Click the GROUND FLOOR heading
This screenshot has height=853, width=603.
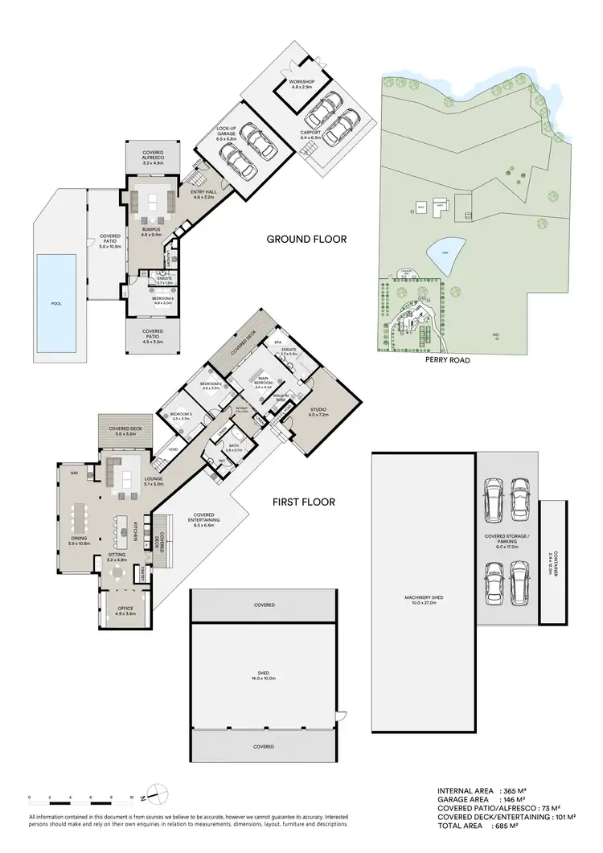[306, 239]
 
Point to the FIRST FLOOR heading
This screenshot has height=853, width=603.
[303, 502]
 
